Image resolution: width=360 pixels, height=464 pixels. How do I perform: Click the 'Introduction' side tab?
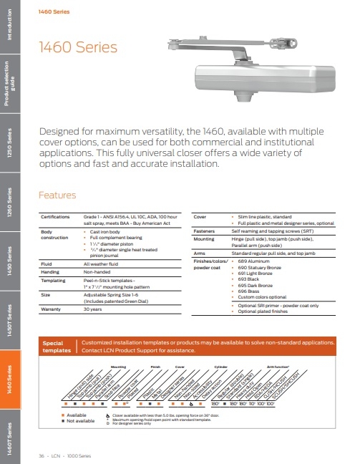point(10,33)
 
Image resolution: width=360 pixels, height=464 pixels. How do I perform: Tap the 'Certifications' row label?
point(57,216)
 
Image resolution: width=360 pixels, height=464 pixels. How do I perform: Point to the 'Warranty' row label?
point(52,309)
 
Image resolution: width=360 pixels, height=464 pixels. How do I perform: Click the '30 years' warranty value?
point(94,309)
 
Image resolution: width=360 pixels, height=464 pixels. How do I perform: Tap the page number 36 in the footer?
point(41,455)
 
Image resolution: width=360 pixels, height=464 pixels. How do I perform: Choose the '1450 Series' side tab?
point(10,261)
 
